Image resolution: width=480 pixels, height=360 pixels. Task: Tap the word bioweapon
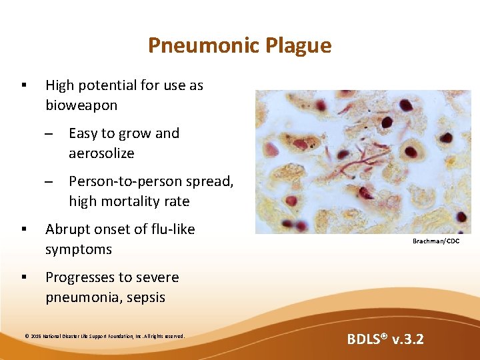(81, 105)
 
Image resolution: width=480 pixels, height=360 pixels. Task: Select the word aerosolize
(101, 153)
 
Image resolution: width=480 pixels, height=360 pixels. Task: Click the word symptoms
(79, 249)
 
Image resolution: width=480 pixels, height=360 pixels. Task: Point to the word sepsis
(143, 297)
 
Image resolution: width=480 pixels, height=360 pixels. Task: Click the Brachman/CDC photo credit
(435, 241)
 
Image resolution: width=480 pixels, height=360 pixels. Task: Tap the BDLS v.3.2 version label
(385, 339)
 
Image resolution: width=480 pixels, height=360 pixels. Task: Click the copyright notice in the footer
(104, 336)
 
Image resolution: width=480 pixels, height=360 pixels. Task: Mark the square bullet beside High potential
(23, 85)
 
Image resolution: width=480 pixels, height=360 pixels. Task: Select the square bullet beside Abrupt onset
(23, 229)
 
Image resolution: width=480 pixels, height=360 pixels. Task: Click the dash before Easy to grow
(49, 133)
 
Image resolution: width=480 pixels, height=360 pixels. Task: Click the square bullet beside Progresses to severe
(23, 277)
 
